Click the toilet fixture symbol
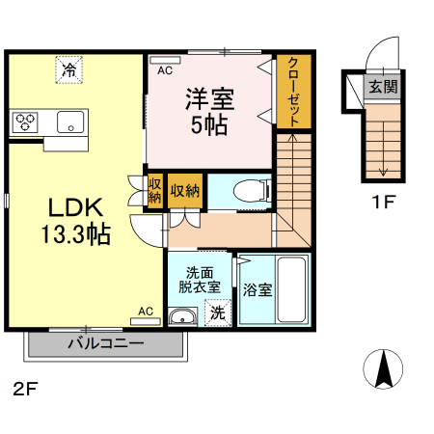pyautogui.click(x=253, y=191)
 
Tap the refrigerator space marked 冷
pyautogui.click(x=69, y=69)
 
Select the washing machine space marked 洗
pyautogui.click(x=218, y=312)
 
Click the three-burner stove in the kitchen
pyautogui.click(x=25, y=122)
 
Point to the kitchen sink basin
pyautogui.click(x=70, y=122)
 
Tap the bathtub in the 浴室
pyautogui.click(x=291, y=289)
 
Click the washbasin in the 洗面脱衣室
pyautogui.click(x=182, y=316)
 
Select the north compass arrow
pyautogui.click(x=383, y=369)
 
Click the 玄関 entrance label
pyautogui.click(x=383, y=87)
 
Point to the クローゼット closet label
pyautogui.click(x=293, y=92)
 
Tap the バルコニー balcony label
pyautogui.click(x=106, y=343)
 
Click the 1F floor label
pyautogui.click(x=383, y=202)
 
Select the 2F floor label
pyautogui.click(x=26, y=389)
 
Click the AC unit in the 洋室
pyautogui.click(x=165, y=60)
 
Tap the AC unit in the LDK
pyautogui.click(x=146, y=321)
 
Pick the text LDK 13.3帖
pyautogui.click(x=76, y=221)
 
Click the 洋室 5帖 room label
pyautogui.click(x=209, y=111)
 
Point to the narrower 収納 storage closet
pyautogui.click(x=154, y=191)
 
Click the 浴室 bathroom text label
pyautogui.click(x=258, y=289)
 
